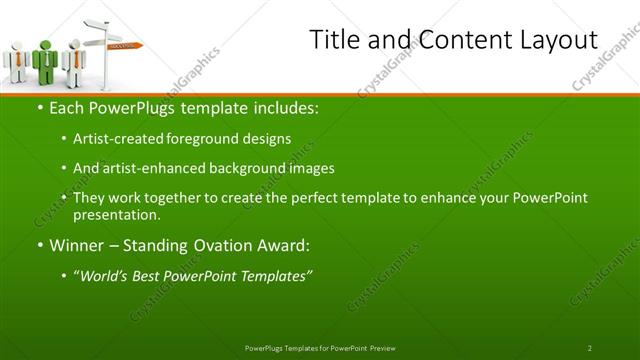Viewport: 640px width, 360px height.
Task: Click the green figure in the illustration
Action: click(45, 60)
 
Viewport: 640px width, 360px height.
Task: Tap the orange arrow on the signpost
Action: click(126, 45)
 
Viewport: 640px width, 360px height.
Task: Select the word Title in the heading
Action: click(332, 40)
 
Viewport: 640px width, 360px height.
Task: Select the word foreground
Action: click(199, 139)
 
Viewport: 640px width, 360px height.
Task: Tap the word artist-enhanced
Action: click(147, 168)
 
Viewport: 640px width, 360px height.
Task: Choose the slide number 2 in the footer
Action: click(590, 348)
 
